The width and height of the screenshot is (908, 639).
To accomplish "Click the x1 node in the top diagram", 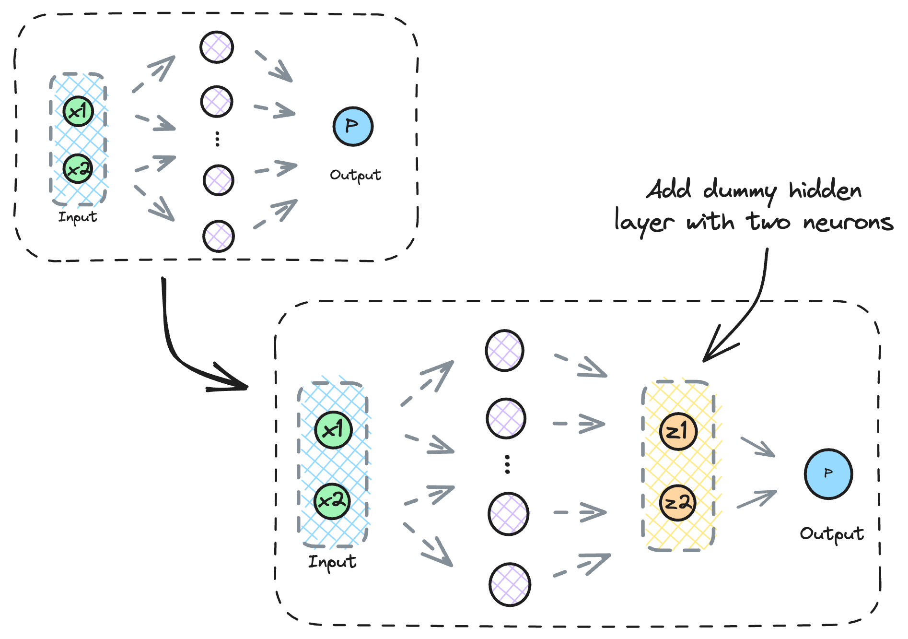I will click(x=78, y=111).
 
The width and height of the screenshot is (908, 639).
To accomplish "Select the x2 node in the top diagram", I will click(x=78, y=168).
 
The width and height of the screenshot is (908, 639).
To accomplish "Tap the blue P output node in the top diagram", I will click(x=353, y=126).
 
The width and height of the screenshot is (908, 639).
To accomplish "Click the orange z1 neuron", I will click(x=678, y=431).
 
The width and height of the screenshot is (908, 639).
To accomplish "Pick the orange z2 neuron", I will click(x=677, y=502).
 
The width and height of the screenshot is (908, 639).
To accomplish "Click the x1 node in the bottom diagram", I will click(x=333, y=430).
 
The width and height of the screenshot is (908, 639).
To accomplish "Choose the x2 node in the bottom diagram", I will click(x=332, y=501).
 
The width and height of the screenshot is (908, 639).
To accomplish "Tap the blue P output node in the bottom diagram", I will click(x=828, y=474).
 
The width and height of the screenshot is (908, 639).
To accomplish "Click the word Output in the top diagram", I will click(x=355, y=175).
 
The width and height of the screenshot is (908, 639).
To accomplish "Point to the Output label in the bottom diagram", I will click(x=832, y=534).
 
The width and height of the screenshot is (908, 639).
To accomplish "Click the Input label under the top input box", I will click(x=78, y=217).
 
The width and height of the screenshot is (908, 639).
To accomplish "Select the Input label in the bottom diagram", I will click(x=332, y=562).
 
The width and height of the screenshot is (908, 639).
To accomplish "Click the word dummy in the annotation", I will click(x=739, y=191).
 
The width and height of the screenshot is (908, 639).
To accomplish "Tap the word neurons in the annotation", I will click(x=848, y=223).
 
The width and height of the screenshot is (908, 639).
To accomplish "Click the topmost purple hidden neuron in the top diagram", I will click(x=217, y=47).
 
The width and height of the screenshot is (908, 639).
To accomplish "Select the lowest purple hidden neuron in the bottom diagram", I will click(x=510, y=584).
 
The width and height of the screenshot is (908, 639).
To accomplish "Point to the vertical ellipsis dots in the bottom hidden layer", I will click(x=507, y=464).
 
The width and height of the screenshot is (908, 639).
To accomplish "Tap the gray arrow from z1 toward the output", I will click(x=758, y=447).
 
